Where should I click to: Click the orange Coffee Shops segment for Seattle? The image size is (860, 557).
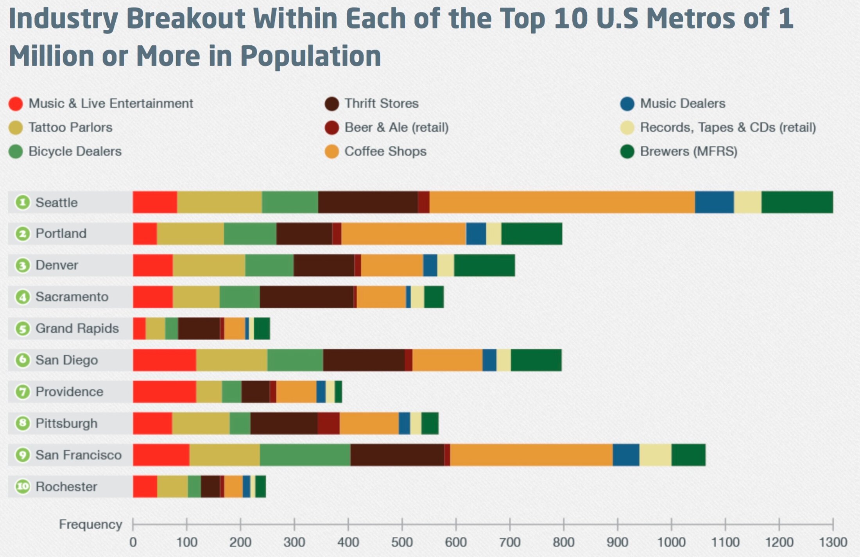click(x=562, y=202)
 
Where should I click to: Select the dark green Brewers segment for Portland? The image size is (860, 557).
click(x=532, y=234)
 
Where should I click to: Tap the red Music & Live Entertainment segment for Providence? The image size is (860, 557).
click(x=164, y=392)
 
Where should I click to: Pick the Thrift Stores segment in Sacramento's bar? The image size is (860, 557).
click(x=306, y=297)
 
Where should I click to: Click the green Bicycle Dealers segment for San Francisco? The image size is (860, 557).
click(x=305, y=455)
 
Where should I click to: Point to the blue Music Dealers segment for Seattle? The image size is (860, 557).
click(x=714, y=202)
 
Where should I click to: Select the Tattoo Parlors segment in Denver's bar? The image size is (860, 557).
click(x=209, y=265)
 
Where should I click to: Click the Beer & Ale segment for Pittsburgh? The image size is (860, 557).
click(x=328, y=423)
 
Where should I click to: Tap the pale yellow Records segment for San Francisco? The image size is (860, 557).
click(x=655, y=455)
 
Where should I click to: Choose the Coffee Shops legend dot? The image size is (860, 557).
click(x=331, y=152)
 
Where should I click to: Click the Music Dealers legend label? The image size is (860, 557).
click(x=682, y=104)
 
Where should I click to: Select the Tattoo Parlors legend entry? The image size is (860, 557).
click(x=70, y=128)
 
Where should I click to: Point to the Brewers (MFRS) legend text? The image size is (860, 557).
click(x=688, y=152)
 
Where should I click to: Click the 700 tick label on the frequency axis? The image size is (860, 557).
click(x=510, y=543)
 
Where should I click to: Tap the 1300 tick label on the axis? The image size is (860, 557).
click(x=833, y=543)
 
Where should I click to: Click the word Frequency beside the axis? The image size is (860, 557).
click(x=90, y=524)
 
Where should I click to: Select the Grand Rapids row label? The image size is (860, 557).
click(x=77, y=328)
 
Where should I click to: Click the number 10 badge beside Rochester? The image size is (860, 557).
click(x=23, y=487)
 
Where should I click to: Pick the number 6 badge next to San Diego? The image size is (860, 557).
click(x=23, y=360)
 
